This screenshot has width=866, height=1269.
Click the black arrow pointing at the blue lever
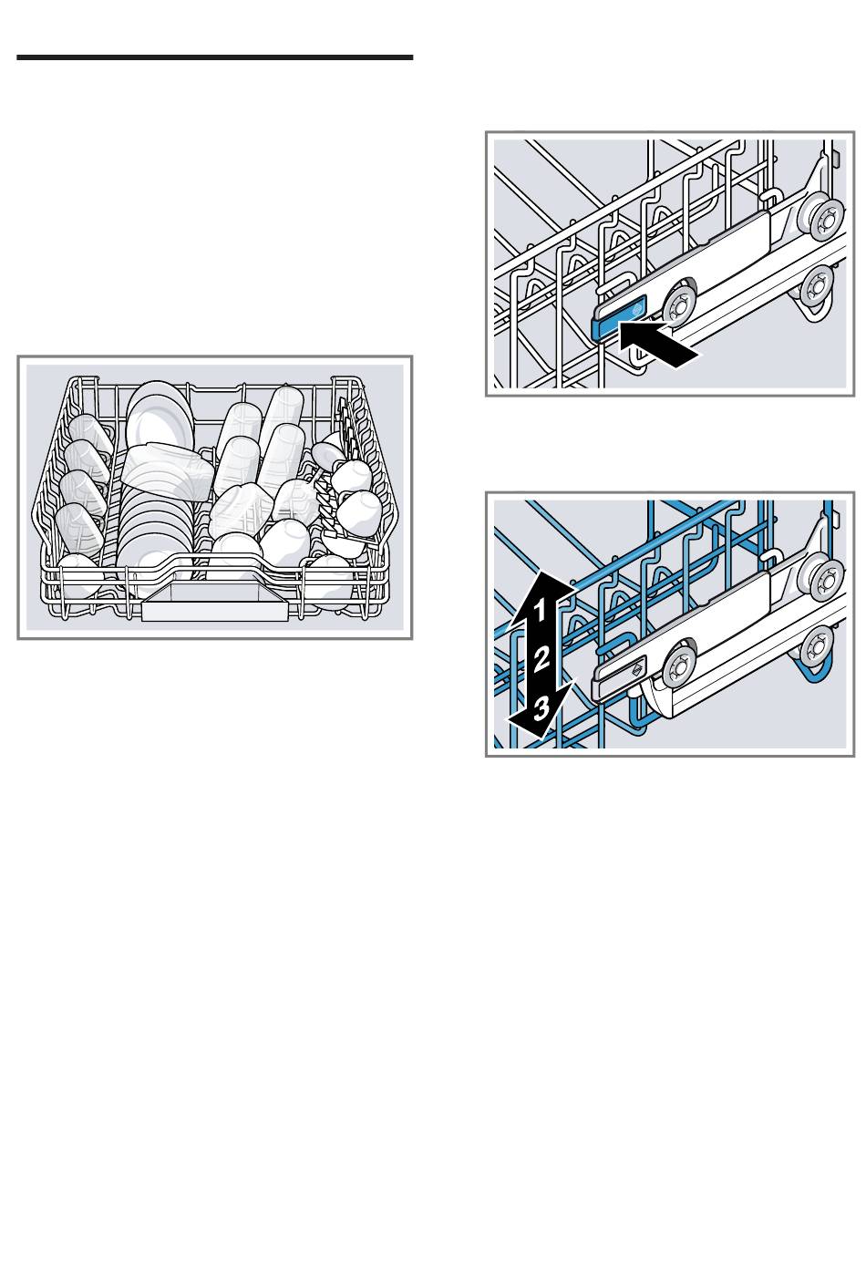click(x=657, y=343)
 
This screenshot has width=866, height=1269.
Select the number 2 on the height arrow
click(x=541, y=659)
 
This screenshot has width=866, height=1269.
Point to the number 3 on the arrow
click(x=541, y=707)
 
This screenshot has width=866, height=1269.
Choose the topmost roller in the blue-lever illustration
click(x=828, y=217)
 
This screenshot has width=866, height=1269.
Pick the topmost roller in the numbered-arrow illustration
click(x=828, y=580)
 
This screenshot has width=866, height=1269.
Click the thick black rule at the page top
click(x=215, y=57)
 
